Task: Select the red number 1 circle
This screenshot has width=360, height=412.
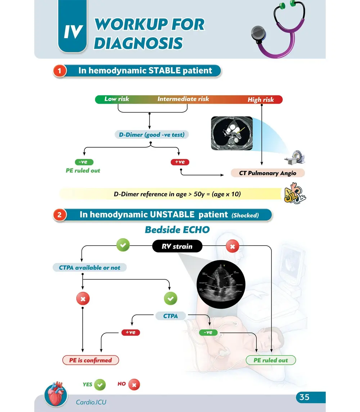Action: click(x=60, y=71)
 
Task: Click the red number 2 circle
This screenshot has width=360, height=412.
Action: click(x=60, y=215)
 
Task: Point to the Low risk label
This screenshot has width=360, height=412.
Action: click(x=117, y=99)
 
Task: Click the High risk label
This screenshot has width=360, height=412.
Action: click(x=261, y=100)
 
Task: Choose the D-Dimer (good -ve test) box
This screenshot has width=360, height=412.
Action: click(x=152, y=135)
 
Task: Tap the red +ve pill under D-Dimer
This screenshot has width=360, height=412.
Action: click(x=180, y=162)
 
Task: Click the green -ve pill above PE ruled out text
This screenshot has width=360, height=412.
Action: click(x=83, y=162)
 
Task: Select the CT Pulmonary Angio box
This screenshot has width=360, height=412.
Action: click(x=267, y=173)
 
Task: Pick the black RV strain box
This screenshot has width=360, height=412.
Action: click(x=177, y=247)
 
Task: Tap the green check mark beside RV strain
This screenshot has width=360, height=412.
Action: click(x=123, y=246)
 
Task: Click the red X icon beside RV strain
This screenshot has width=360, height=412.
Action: click(x=232, y=247)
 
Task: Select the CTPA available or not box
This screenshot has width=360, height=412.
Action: click(x=90, y=268)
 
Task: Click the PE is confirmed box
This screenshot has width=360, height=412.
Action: click(x=90, y=360)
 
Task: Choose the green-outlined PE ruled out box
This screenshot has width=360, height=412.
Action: click(x=271, y=360)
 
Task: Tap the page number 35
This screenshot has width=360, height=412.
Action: click(x=305, y=397)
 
